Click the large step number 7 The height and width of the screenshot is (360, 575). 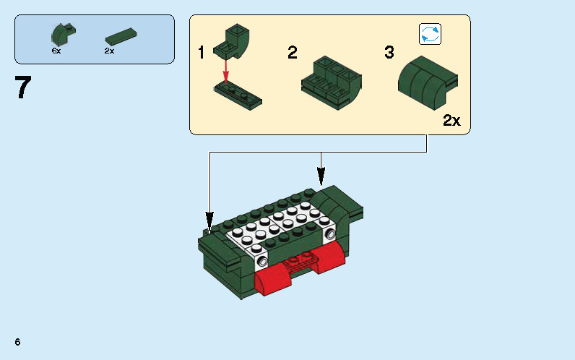[x=23, y=87]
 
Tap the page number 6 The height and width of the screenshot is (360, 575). [x=16, y=341]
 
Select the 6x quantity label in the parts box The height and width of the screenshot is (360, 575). [x=56, y=51]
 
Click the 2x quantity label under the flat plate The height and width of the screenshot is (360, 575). [x=109, y=51]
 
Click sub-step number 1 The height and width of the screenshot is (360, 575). [x=202, y=53]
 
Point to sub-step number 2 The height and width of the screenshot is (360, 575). [x=292, y=53]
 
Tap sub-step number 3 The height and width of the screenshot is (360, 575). [x=389, y=53]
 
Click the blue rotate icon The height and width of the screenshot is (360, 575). [x=430, y=34]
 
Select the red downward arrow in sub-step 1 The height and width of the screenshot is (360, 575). [x=226, y=71]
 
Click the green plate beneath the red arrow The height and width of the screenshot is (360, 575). [x=238, y=93]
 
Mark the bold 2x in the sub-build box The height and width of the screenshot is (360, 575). [x=451, y=121]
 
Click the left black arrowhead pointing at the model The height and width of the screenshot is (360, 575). [x=210, y=219]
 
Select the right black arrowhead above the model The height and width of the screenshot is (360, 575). [x=321, y=175]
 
